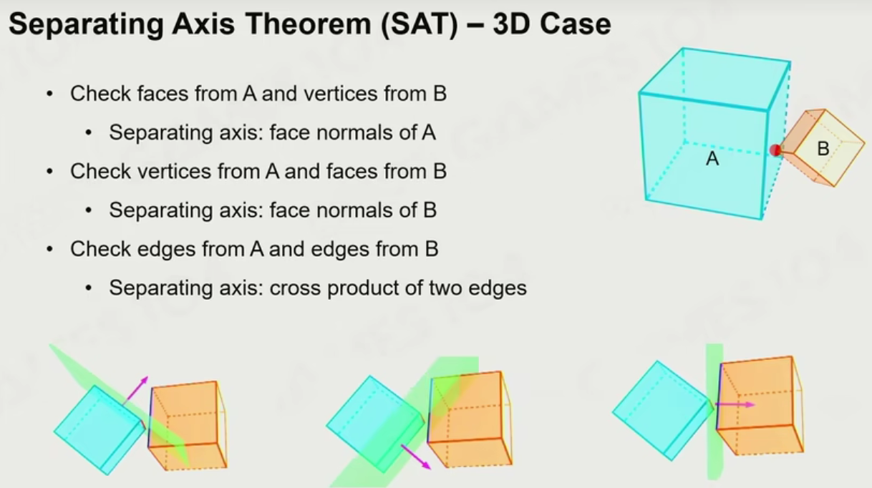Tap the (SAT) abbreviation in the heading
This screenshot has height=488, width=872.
[420, 24]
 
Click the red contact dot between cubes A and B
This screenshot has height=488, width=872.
[775, 150]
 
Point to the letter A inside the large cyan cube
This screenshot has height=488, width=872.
[712, 158]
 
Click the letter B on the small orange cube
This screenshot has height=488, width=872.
[823, 148]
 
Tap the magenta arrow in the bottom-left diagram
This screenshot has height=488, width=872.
[136, 390]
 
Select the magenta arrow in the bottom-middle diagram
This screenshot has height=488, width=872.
[416, 457]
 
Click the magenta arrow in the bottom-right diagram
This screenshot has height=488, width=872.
[735, 405]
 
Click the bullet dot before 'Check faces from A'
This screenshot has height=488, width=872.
[49, 94]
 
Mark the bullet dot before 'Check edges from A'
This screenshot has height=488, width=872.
[49, 249]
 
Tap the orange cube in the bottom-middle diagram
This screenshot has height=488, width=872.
[470, 419]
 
